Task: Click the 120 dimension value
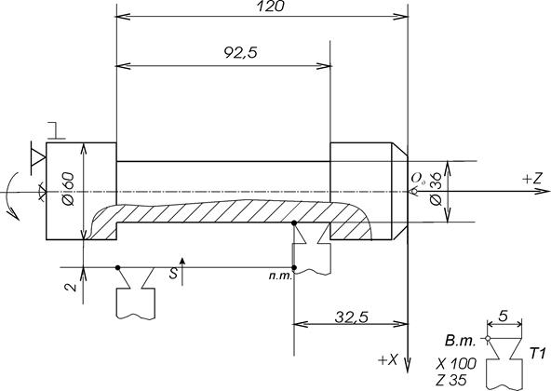[270, 6]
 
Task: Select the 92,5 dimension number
[241, 52]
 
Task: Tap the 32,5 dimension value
[352, 317]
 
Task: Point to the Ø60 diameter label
[68, 189]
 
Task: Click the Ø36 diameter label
[437, 190]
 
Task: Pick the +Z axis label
[532, 180]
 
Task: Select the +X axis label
[388, 359]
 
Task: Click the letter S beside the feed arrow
[173, 274]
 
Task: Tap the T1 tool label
[537, 354]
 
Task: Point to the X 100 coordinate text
[456, 364]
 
